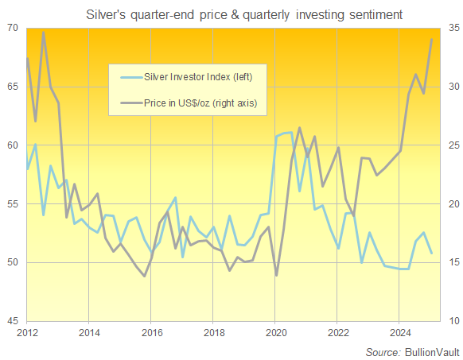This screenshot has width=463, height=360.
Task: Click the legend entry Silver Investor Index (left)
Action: tap(198, 77)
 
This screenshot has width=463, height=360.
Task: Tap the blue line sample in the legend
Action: tap(129, 77)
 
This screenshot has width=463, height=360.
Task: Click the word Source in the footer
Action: tap(382, 350)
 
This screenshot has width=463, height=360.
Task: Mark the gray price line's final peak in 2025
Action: tap(431, 39)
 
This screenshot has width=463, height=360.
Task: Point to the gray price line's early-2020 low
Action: tap(276, 275)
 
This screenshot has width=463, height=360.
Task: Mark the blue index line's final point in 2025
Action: tap(431, 253)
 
